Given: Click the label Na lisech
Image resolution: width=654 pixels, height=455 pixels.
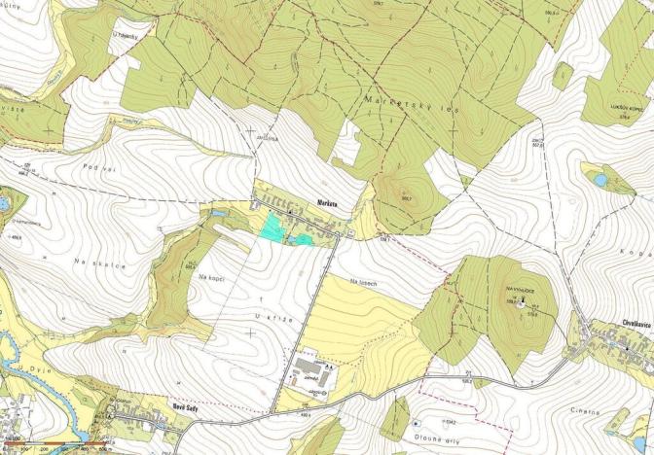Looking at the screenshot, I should coord(349,281).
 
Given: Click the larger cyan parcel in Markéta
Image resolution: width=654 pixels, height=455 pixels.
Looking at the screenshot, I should coord(272,227).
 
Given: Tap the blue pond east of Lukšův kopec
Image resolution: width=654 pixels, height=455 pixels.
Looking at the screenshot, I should coord(599,180).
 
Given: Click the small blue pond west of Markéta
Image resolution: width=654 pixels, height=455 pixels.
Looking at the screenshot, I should coord(218,211).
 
